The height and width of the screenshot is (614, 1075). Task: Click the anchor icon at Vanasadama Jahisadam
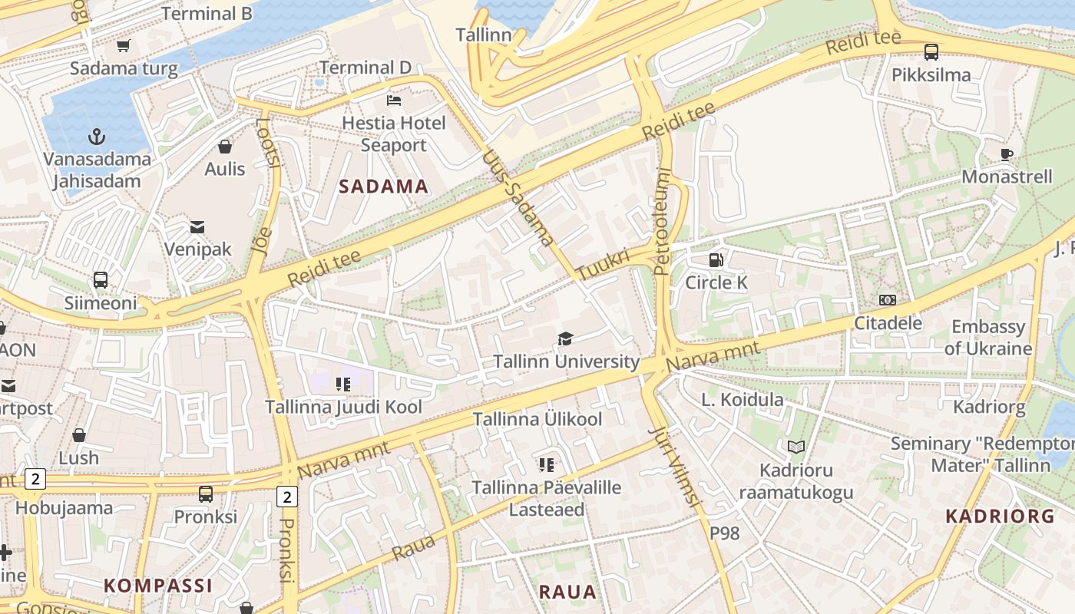[97, 137]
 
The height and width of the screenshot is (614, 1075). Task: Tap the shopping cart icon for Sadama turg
[124, 46]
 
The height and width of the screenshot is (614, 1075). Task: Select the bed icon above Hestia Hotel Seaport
[394, 101]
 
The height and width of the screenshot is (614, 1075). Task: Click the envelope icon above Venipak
[197, 226]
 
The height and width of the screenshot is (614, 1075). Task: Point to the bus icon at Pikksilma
[931, 52]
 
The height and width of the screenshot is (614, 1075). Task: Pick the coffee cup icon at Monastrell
[1007, 154]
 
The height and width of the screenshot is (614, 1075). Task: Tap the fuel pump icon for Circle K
[716, 260]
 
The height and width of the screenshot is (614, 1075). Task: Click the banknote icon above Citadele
[888, 300]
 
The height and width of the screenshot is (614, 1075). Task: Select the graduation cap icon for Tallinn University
[566, 338]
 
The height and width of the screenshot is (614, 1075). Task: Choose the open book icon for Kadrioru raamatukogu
[796, 447]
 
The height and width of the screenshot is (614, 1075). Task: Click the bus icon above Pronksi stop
[205, 494]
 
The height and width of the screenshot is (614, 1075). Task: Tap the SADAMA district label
[384, 187]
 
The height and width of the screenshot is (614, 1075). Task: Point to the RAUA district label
[567, 592]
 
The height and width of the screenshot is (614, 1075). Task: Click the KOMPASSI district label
[157, 586]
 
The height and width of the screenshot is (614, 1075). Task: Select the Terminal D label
[365, 68]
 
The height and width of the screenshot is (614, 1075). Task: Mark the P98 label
[725, 533]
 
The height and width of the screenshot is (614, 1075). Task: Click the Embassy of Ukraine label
[988, 338]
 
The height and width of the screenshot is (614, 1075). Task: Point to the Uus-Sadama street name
[518, 198]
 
